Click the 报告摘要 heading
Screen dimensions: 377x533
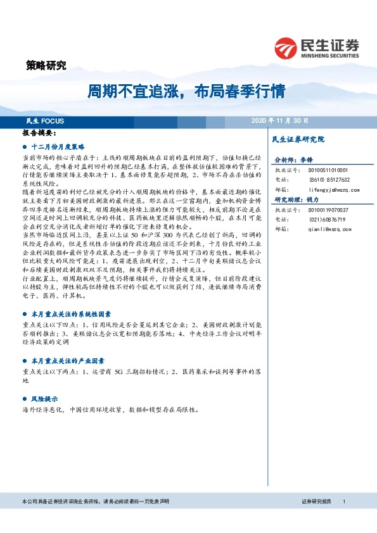pyautogui.click(x=39, y=134)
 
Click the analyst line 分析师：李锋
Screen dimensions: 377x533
pyautogui.click(x=293, y=161)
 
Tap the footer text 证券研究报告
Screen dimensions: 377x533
pyautogui.click(x=317, y=501)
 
